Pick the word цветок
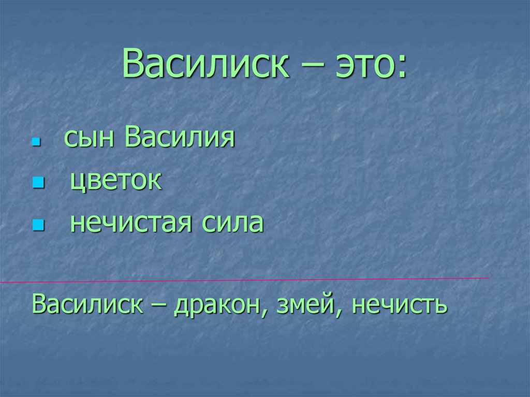pos(116,182)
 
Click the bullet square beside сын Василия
pos(36,141)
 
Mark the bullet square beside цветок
pos(36,183)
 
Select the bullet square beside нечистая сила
pos(36,225)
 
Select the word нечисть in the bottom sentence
pos(399,304)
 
